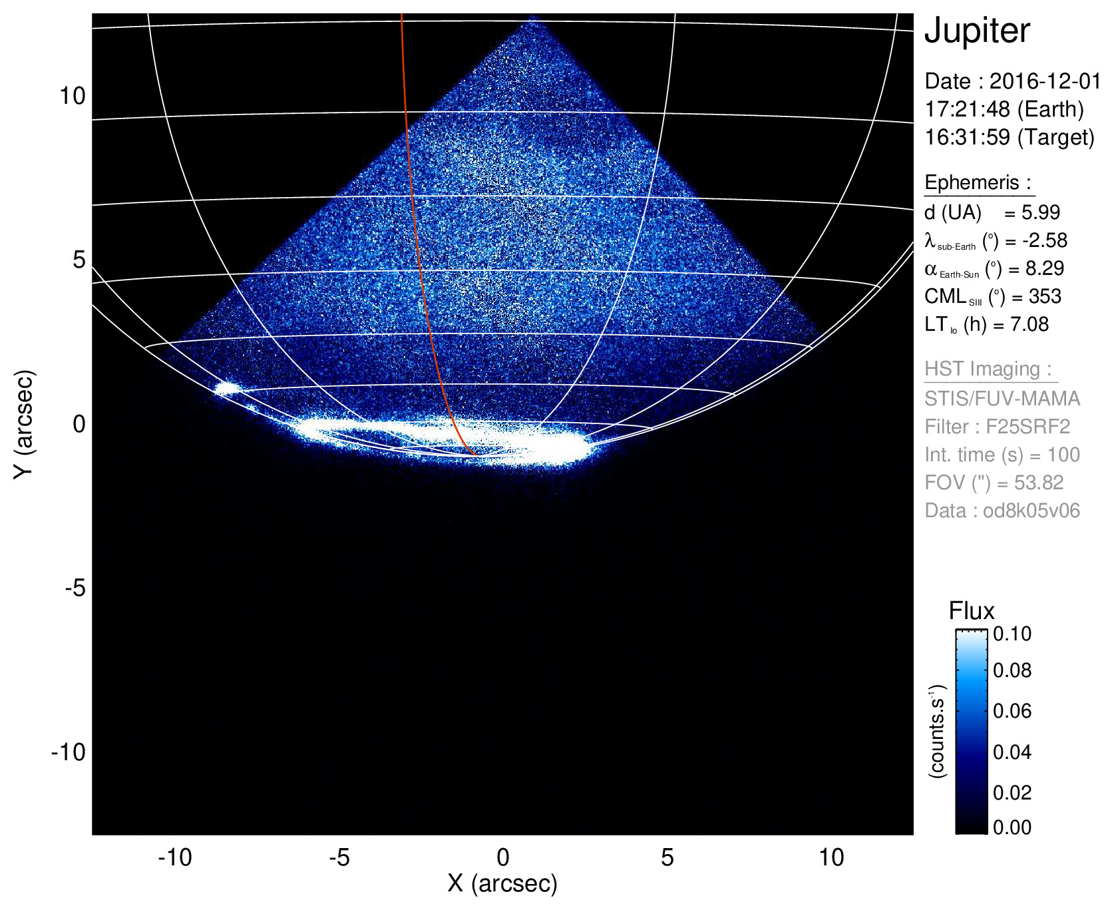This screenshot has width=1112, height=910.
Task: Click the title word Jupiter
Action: pyautogui.click(x=977, y=31)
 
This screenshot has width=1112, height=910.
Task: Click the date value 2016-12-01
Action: pyautogui.click(x=1045, y=81)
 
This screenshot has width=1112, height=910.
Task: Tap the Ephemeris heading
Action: pyautogui.click(x=977, y=182)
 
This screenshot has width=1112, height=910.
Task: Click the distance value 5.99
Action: pyautogui.click(x=1041, y=212)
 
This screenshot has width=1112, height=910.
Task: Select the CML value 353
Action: pyautogui.click(x=1045, y=296)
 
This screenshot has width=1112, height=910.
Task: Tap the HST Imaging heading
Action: pyautogui.click(x=988, y=369)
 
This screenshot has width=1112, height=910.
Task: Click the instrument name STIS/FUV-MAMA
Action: pyautogui.click(x=1002, y=399)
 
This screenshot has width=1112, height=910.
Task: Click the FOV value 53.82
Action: pyautogui.click(x=1039, y=483)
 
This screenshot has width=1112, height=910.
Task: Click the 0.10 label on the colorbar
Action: pyautogui.click(x=1012, y=634)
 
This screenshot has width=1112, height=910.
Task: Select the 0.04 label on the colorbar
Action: pyautogui.click(x=1012, y=752)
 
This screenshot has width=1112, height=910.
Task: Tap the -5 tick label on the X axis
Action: pyautogui.click(x=339, y=857)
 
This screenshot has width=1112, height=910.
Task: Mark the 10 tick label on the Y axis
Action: pyautogui.click(x=73, y=96)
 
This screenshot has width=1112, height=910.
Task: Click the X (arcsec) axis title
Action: pyautogui.click(x=502, y=883)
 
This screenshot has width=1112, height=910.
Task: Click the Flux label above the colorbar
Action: pyautogui.click(x=971, y=611)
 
